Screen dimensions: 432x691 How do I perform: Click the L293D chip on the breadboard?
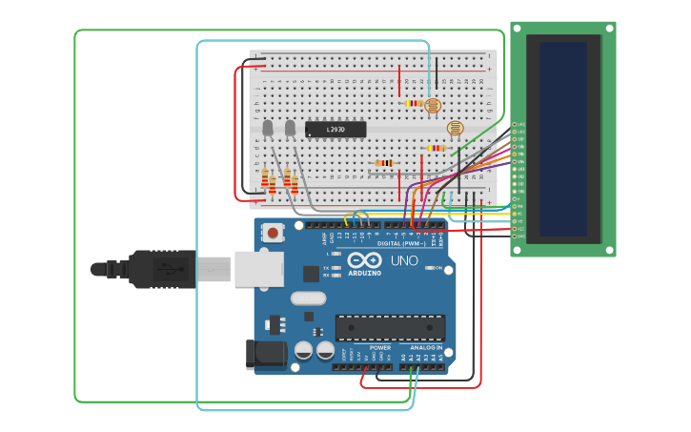pyautogui.click(x=335, y=129)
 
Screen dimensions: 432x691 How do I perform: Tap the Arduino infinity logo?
pyautogui.click(x=364, y=259)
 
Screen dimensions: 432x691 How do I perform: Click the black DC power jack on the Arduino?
pyautogui.click(x=266, y=354)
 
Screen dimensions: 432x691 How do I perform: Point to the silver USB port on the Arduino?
pyautogui.click(x=258, y=269)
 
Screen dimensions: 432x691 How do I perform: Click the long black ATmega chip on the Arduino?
pyautogui.click(x=390, y=327)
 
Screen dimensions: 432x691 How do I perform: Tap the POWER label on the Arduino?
pyautogui.click(x=380, y=348)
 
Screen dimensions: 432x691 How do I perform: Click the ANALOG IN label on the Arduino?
pyautogui.click(x=426, y=348)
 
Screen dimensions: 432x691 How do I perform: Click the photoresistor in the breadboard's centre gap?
pyautogui.click(x=456, y=128)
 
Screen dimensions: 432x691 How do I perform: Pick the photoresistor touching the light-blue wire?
pyautogui.click(x=433, y=106)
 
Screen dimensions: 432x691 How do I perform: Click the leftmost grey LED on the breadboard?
pyautogui.click(x=268, y=127)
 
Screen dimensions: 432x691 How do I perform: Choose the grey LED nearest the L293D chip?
pyautogui.click(x=290, y=127)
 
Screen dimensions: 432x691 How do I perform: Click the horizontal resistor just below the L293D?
pyautogui.click(x=384, y=163)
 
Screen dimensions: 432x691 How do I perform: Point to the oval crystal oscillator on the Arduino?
pyautogui.click(x=309, y=298)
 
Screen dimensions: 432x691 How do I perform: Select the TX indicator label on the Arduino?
pyautogui.click(x=326, y=268)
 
